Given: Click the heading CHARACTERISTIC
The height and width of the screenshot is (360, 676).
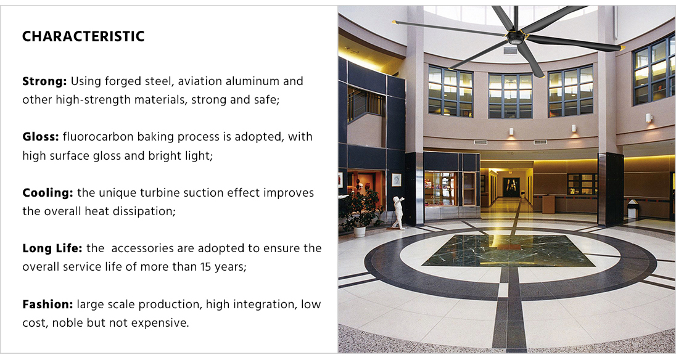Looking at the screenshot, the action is point(83,36).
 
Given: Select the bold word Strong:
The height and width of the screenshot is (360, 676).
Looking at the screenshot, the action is point(44,81).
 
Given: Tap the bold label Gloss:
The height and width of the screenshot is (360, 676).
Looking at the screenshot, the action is point(41,137).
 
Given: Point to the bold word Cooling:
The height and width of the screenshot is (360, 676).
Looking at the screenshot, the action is point(47,193).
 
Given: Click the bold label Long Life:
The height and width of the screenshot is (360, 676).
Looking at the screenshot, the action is point(52,248).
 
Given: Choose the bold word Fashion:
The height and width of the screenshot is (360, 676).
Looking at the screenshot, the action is point(47,305).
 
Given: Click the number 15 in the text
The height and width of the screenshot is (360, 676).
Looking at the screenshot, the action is point(205,267).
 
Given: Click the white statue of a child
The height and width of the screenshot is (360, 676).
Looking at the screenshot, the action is point(398,213).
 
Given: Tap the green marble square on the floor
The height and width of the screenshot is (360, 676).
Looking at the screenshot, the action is point(508,251).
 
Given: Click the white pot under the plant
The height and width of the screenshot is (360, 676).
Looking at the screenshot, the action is point(359,232).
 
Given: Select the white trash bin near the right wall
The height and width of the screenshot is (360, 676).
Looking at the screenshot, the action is point(632,210).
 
